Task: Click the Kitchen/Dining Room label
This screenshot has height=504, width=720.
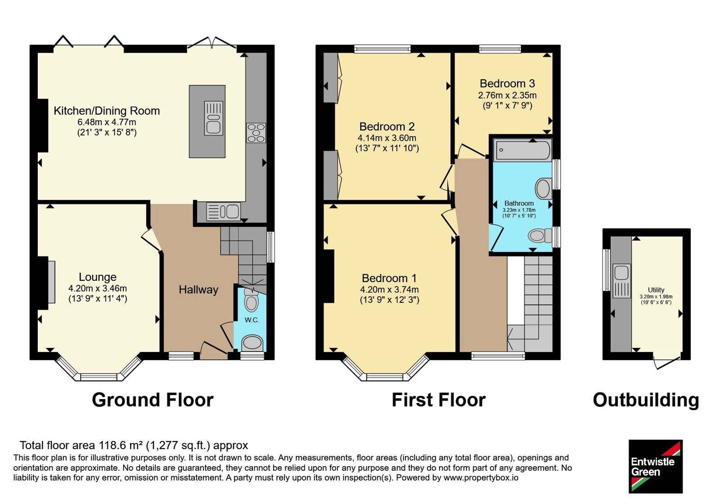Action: click(107, 111)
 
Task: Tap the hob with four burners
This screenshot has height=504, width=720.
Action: click(256, 133)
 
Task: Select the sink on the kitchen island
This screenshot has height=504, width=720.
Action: click(214, 118)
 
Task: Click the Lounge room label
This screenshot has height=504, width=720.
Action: click(98, 277)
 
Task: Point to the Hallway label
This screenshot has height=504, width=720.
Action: click(198, 290)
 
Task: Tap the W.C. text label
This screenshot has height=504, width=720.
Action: click(252, 320)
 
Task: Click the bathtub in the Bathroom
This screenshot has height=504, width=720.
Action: click(522, 150)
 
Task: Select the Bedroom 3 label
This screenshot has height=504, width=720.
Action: click(507, 84)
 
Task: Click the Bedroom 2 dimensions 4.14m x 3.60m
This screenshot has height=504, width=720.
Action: click(387, 138)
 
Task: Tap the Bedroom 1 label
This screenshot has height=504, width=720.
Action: click(389, 278)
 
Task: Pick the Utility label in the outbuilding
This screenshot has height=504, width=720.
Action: click(656, 290)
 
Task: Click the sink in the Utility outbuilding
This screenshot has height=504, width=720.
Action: click(621, 281)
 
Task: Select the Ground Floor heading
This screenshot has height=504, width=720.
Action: click(153, 400)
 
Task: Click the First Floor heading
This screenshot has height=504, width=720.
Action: click(438, 400)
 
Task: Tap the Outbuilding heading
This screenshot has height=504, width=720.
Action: click(646, 400)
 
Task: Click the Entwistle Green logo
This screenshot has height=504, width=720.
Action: click(656, 466)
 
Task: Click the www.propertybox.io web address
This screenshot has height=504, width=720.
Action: click(481, 477)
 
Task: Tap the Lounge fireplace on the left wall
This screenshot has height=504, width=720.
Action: click(51, 282)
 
